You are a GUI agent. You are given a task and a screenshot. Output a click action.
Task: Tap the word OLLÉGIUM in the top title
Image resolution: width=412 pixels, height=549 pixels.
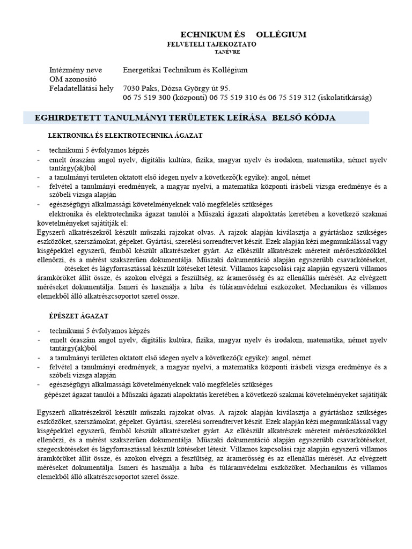tap(281, 35)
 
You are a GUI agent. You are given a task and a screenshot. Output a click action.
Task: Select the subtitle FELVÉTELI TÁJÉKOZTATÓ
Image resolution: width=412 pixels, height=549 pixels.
tap(212, 44)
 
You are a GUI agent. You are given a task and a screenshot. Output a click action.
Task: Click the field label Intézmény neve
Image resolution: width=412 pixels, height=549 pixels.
tap(74, 70)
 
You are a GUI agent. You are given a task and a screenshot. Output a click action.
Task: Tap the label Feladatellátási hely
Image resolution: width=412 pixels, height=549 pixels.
tap(81, 88)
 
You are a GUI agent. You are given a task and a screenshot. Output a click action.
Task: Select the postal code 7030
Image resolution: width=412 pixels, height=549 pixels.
tap(131, 88)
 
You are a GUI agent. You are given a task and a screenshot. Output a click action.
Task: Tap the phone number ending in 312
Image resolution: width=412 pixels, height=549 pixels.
tap(289, 98)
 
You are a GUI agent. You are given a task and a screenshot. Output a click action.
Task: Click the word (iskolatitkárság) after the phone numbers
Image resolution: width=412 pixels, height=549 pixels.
tap(345, 98)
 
